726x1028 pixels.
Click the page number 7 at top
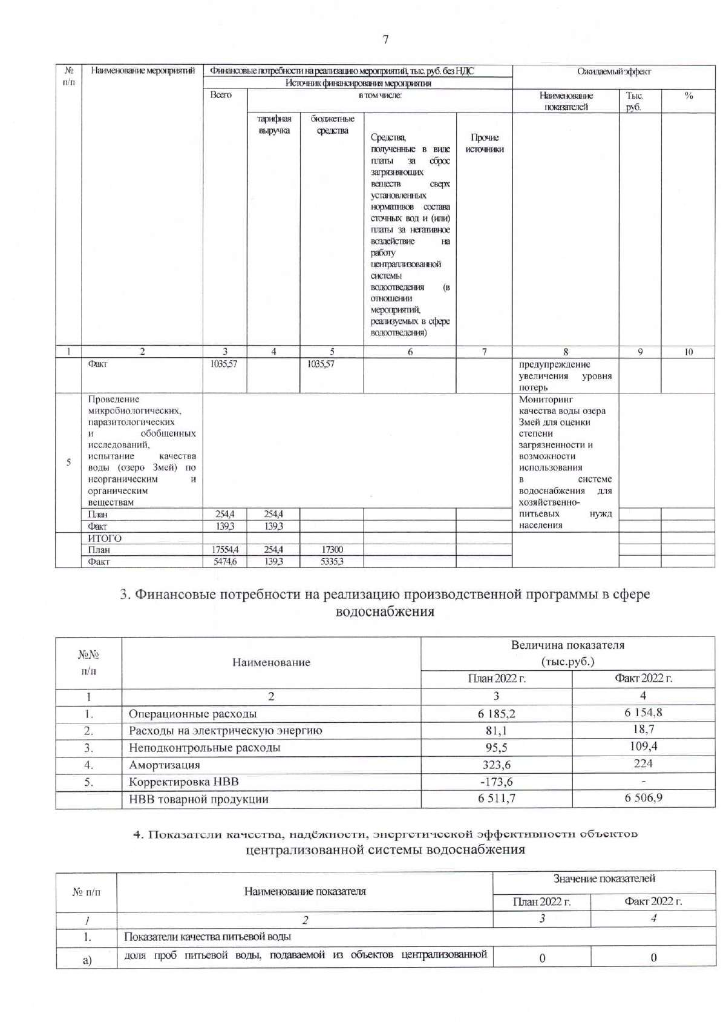(385, 40)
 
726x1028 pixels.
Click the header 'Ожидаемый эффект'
(613, 71)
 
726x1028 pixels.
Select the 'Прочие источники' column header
(484, 143)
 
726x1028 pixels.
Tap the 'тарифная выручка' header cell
(273, 125)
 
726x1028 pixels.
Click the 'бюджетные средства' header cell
(332, 125)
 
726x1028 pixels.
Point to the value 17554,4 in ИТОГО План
(225, 550)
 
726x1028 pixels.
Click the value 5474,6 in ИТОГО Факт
(225, 562)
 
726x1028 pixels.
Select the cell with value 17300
(332, 550)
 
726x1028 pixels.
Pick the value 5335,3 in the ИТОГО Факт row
(332, 562)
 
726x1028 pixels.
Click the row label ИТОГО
(105, 538)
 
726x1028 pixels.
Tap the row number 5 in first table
(68, 463)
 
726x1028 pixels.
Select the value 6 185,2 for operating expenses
(496, 714)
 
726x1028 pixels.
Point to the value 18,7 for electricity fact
(643, 730)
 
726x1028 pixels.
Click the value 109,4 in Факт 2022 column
(643, 746)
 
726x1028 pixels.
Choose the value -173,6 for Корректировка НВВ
(496, 782)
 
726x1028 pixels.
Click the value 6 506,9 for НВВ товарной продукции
(643, 798)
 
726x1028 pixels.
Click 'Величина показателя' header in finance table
(567, 645)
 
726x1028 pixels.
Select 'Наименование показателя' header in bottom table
(305, 891)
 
